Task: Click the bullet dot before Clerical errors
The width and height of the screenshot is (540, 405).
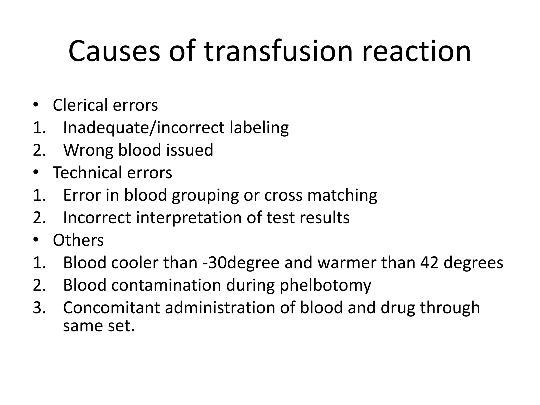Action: [36, 105]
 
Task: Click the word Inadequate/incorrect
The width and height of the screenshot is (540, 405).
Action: [144, 128]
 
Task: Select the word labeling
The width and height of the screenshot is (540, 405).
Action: [259, 128]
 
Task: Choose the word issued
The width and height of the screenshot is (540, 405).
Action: [189, 150]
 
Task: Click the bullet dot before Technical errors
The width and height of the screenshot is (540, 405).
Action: [36, 172]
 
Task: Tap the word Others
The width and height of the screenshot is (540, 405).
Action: [78, 240]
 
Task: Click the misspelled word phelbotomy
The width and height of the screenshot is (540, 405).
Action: [325, 286]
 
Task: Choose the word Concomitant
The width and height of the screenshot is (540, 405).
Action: [112, 308]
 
